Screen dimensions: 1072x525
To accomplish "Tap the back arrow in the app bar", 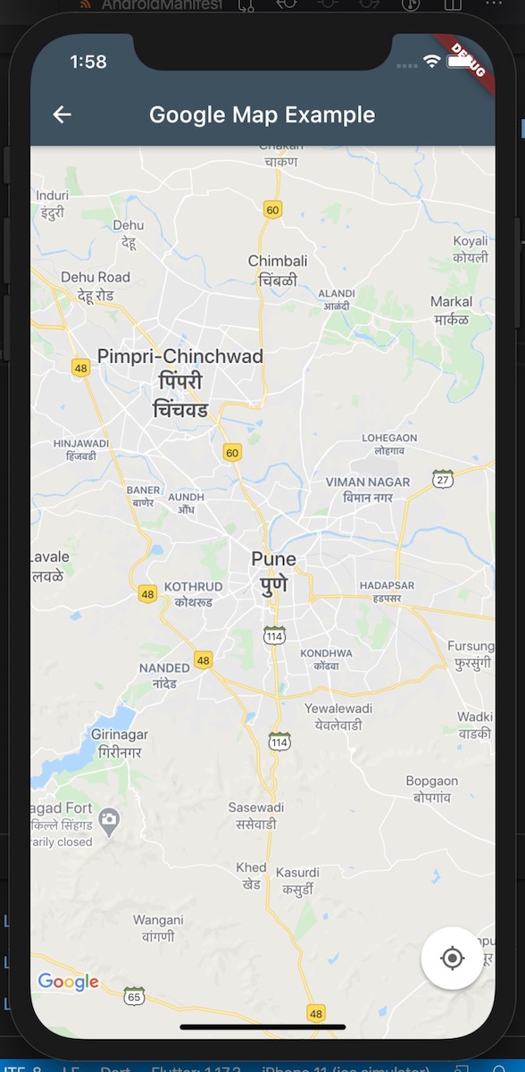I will (62, 114).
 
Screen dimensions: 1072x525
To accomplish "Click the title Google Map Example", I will (262, 114).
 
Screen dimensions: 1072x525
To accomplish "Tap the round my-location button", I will (453, 959).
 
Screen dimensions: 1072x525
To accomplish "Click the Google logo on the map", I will (68, 982).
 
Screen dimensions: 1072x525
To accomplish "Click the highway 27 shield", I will (442, 479).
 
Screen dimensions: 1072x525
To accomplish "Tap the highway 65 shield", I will (135, 996).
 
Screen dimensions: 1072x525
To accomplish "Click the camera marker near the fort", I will (109, 820).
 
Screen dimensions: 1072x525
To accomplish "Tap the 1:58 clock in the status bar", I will (87, 62).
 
